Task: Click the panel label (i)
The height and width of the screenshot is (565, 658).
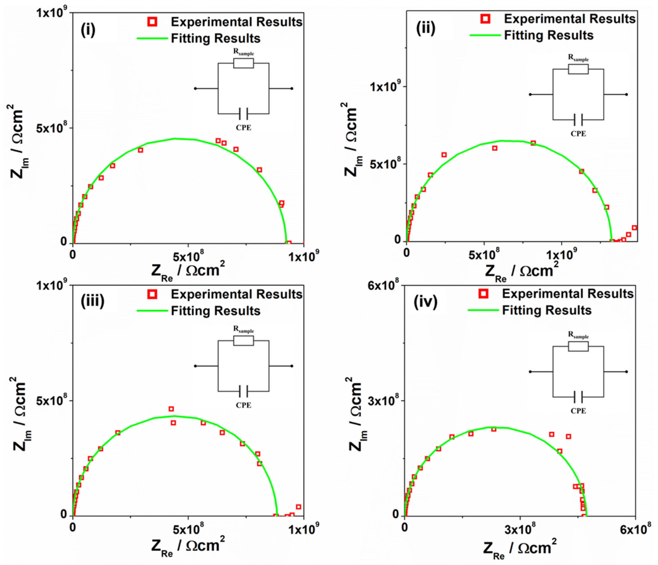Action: click(88, 30)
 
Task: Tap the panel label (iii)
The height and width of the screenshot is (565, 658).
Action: click(92, 301)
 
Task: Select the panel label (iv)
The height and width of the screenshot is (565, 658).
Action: click(426, 302)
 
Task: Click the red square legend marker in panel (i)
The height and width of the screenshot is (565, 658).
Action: click(152, 22)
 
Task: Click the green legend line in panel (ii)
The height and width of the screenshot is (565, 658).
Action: click(485, 35)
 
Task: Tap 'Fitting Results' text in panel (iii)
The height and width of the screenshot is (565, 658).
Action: click(216, 311)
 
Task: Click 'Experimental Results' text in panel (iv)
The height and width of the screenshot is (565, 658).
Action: click(568, 294)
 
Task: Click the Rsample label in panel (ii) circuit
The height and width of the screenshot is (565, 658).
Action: click(578, 58)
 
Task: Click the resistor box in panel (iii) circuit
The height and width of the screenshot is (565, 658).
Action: click(243, 341)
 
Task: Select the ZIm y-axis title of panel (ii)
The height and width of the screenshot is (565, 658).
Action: click(351, 140)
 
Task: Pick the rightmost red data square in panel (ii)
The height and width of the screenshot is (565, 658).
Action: click(634, 228)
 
